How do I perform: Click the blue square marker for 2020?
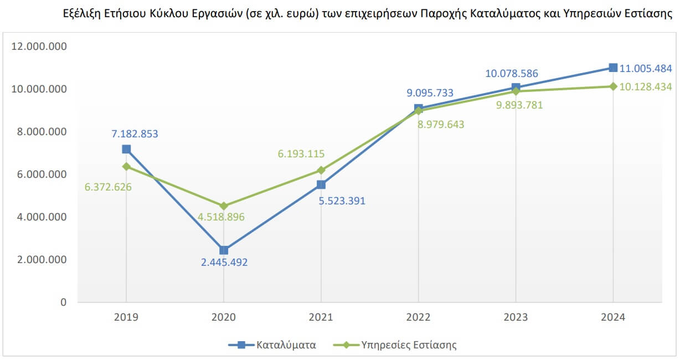[224, 250]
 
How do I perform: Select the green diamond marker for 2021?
[321, 170]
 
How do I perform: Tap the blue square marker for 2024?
[613, 68]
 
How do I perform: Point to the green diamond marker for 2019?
[126, 166]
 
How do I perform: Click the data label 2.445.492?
[224, 263]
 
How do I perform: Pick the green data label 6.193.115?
[301, 154]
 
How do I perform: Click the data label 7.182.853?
[135, 133]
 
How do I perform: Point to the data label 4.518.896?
[220, 217]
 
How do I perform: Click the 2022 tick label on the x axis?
[418, 317]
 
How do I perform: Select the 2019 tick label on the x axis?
[126, 317]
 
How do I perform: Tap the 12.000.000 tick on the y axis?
[39, 47]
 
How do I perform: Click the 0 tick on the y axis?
[63, 302]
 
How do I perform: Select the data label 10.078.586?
[512, 74]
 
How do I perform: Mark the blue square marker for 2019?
[126, 149]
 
